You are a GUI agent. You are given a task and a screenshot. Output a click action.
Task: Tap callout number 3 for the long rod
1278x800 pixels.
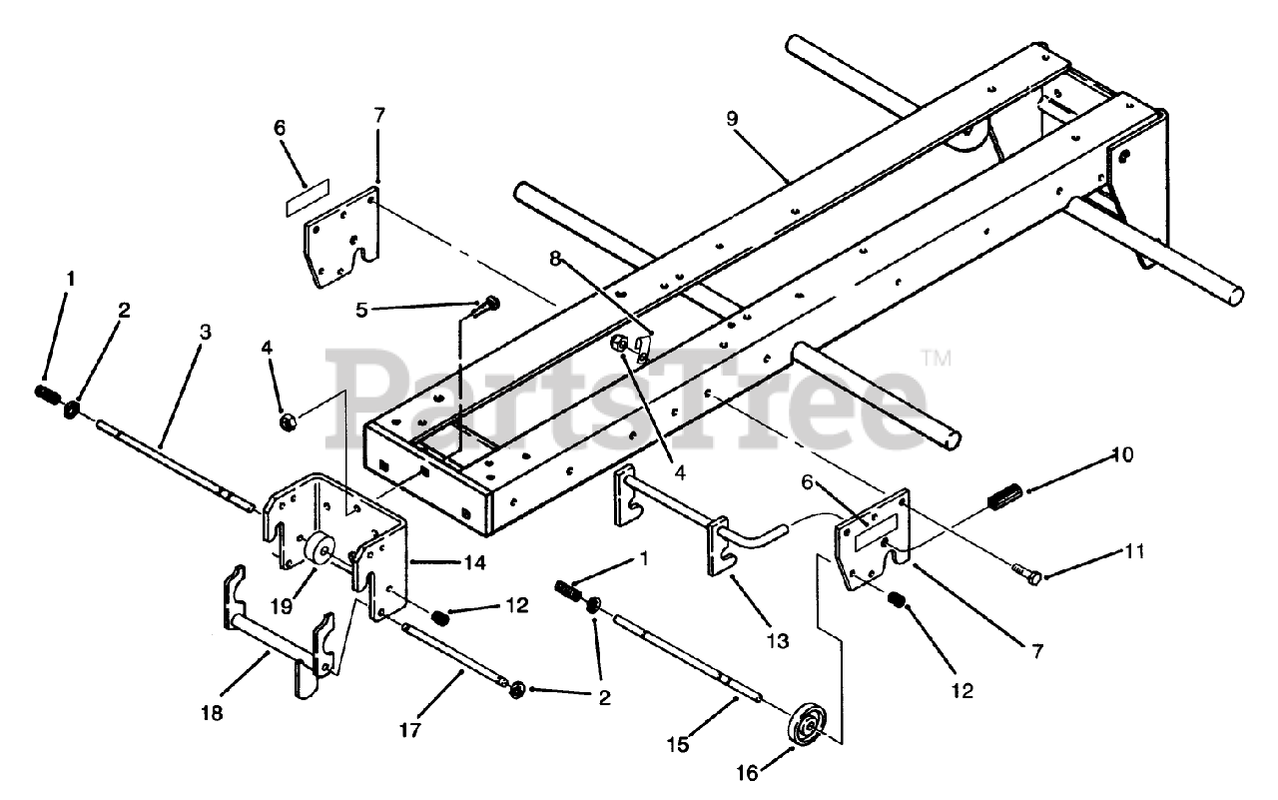point(205,333)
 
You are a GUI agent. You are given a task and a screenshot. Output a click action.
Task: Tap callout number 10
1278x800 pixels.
point(1123,455)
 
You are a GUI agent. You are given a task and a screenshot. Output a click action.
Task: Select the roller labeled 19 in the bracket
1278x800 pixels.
point(321,549)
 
